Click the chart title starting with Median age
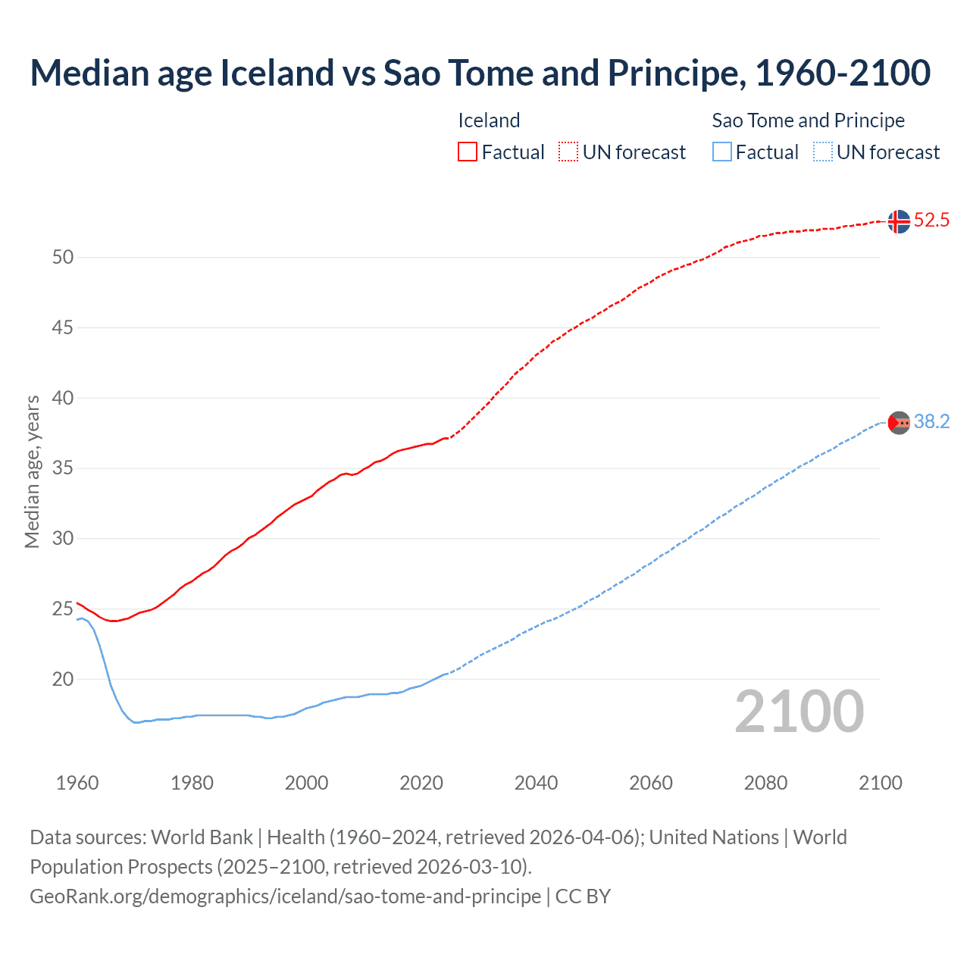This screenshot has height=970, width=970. click(480, 73)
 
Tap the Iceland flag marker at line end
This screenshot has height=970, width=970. click(898, 221)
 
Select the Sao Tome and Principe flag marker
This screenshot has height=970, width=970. click(898, 422)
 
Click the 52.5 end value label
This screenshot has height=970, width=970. click(931, 221)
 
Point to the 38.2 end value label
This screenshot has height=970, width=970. click(931, 422)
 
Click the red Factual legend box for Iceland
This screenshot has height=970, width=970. click(468, 152)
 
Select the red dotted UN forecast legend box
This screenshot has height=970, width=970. click(568, 152)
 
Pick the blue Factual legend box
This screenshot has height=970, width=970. click(722, 152)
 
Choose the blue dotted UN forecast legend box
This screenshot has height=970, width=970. click(822, 152)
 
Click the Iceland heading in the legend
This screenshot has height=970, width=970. click(489, 120)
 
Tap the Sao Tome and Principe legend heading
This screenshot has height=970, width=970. click(808, 120)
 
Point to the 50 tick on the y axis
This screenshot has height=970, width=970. click(63, 258)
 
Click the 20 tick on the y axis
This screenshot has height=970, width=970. click(63, 679)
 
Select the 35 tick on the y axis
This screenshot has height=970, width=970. click(63, 468)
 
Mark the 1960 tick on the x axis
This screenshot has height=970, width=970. click(77, 783)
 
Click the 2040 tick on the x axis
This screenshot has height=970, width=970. click(536, 783)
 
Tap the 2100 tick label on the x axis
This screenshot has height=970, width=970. click(880, 783)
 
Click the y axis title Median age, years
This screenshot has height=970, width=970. click(32, 471)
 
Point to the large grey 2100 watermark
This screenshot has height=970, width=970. click(799, 711)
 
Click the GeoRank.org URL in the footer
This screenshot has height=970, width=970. click(285, 896)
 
